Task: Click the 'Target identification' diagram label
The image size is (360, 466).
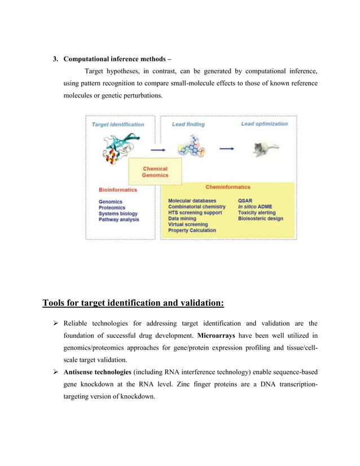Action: (118, 124)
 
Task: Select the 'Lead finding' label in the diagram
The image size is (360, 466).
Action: (188, 124)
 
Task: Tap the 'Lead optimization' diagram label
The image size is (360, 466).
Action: (264, 124)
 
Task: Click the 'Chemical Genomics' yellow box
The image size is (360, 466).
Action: (155, 172)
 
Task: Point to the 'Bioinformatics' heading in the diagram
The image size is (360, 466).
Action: (118, 190)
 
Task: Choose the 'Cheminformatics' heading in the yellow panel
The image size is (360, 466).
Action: (227, 186)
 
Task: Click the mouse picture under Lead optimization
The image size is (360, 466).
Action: (260, 149)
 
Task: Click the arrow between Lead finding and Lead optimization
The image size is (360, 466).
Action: (227, 149)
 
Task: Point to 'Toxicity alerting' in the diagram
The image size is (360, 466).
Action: (257, 213)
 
